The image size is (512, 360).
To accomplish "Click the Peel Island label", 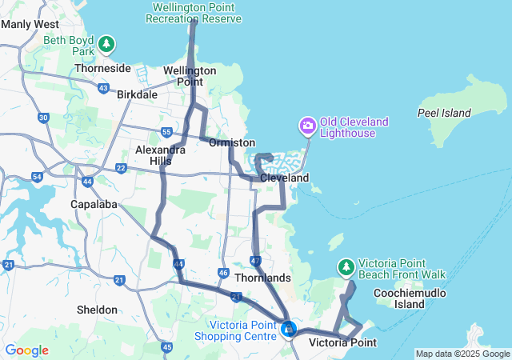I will (444, 113).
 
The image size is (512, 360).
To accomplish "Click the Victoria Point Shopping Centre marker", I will (289, 328).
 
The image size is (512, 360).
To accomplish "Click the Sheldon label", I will (96, 310).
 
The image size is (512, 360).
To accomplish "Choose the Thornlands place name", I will (263, 278).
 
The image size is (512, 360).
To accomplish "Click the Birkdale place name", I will (137, 94).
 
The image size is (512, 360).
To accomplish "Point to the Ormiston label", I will (231, 142).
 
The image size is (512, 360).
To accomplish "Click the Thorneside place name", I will (102, 68).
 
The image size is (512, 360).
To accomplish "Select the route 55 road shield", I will (166, 131).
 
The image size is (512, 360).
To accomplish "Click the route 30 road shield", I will (43, 118).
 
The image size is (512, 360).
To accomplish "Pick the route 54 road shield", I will (37, 176).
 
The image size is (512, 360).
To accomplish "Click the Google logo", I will (26, 350).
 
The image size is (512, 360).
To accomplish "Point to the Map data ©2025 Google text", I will (462, 354).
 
